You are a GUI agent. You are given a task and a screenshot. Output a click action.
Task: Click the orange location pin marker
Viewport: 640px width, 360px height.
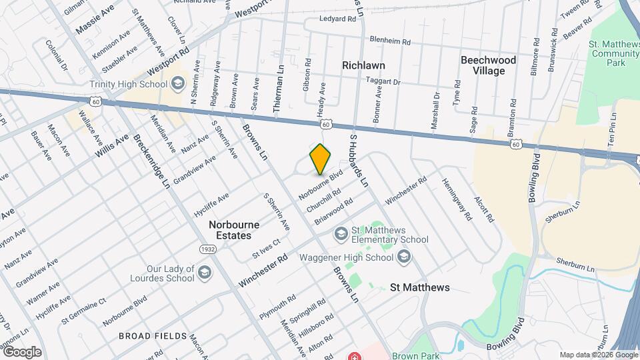click(321, 159)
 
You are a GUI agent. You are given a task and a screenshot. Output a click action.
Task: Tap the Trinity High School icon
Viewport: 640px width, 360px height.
click(177, 83)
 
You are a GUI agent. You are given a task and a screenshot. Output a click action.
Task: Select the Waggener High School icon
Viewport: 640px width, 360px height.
click(405, 257)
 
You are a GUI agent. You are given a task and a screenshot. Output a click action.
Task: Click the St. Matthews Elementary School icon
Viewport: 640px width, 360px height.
click(341, 234)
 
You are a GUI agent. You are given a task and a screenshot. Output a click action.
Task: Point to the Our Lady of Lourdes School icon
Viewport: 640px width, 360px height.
click(204, 273)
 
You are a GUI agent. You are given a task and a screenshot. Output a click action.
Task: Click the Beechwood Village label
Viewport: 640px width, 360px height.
click(489, 65)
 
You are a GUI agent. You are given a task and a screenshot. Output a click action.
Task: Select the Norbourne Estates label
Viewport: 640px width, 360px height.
click(230, 230)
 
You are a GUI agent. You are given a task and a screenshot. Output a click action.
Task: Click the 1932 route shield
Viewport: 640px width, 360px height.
click(207, 249)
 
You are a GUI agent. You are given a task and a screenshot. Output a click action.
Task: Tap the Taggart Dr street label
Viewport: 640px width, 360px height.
click(383, 82)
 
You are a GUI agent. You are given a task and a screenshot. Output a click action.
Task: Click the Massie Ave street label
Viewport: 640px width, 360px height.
click(95, 18)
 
